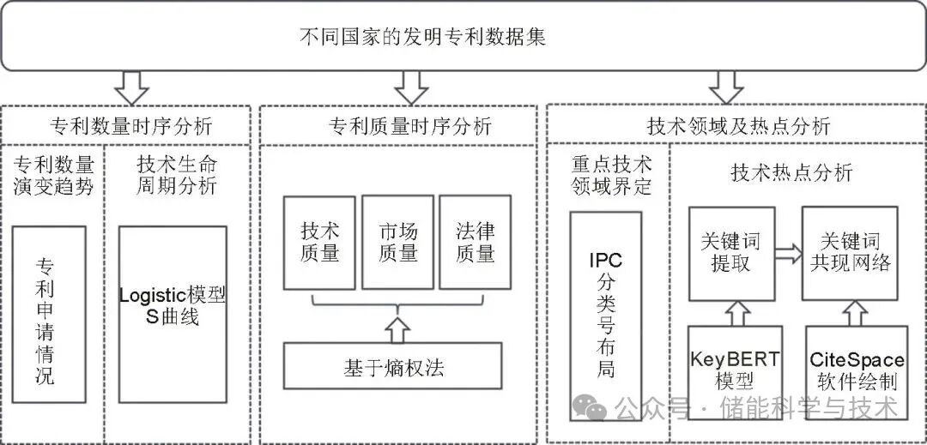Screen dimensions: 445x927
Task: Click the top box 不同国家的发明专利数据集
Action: click(x=463, y=37)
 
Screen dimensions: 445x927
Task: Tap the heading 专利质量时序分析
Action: click(x=410, y=127)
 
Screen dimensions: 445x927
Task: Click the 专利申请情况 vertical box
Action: click(x=49, y=314)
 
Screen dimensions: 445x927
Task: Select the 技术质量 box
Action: click(x=320, y=243)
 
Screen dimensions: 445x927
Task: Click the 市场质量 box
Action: click(x=397, y=243)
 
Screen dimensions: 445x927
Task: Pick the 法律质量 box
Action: click(x=475, y=243)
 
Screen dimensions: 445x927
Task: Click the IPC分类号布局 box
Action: click(x=606, y=307)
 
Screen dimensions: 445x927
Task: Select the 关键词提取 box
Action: click(x=732, y=252)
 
